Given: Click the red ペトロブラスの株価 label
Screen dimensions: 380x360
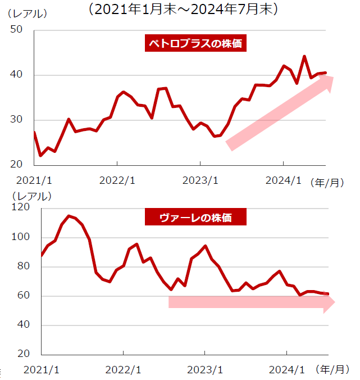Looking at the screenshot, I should click(x=195, y=44).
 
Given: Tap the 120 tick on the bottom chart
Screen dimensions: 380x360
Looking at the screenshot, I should click(x=20, y=207).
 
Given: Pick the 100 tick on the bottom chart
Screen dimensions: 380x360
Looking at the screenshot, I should click(x=20, y=237).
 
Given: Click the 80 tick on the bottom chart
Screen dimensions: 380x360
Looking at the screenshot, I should click(x=22, y=266).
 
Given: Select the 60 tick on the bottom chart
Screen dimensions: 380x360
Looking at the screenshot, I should click(x=22, y=296).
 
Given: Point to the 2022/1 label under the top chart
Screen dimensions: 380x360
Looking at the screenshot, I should click(x=117, y=180).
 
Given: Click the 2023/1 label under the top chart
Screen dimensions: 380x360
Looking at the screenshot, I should click(x=200, y=180).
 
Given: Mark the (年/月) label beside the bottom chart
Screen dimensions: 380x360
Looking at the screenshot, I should click(x=334, y=369).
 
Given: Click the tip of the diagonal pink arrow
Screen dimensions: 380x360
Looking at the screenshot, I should click(x=333, y=78).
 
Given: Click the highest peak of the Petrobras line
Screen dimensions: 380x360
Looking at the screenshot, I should click(x=304, y=56).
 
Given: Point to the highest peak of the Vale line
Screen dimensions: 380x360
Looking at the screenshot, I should click(x=69, y=216).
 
